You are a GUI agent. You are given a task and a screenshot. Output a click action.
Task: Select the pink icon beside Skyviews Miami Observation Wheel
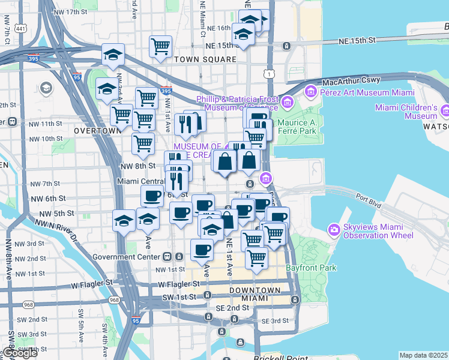point(334,229)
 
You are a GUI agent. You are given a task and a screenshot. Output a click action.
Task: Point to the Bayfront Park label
point(311,268)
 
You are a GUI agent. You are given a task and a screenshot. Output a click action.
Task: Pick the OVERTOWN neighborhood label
point(97,130)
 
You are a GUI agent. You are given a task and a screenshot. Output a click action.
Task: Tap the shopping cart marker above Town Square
point(161,46)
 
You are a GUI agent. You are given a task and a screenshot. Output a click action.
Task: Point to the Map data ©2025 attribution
point(424,355)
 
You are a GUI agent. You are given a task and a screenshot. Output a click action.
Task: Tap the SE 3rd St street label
point(274,321)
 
